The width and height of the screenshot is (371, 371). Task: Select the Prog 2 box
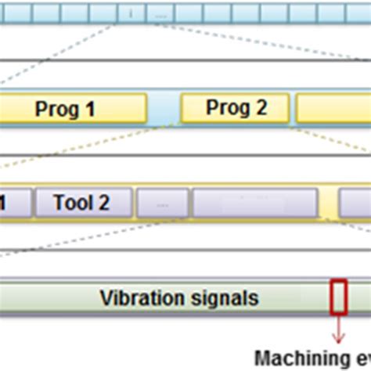point(236,108)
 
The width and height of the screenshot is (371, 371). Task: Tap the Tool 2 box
point(81,203)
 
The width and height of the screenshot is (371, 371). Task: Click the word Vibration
point(139,297)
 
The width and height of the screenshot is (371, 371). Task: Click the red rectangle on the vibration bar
point(338,297)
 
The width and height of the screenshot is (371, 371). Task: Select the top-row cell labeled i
point(131,13)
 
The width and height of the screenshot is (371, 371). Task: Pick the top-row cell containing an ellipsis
point(160,13)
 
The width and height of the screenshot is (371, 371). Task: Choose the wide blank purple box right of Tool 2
point(255,204)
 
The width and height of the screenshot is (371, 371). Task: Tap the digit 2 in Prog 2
point(261,108)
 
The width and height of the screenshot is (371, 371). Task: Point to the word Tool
point(69,203)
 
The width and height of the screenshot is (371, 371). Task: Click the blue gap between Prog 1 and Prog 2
point(164,109)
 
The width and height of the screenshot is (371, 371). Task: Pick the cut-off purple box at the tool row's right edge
point(355,204)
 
